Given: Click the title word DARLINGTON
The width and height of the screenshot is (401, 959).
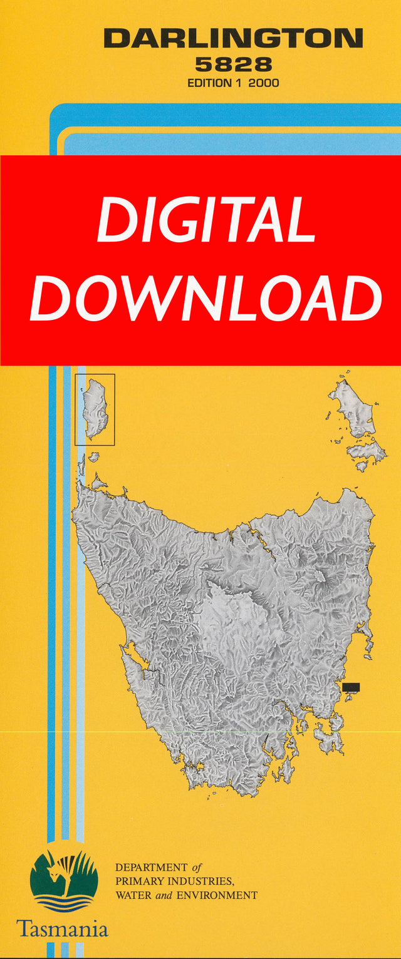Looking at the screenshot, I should point(233,39).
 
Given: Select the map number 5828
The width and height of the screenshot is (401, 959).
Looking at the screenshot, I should point(233,64).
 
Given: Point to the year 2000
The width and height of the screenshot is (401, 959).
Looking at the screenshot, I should point(264,83).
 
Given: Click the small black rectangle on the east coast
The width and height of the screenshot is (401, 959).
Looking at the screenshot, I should point(351,687).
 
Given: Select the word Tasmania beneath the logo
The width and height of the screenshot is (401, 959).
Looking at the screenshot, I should point(62,928).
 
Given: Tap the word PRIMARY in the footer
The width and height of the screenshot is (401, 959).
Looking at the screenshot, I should point(135,881).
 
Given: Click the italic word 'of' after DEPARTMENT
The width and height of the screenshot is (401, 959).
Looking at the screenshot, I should point(196,868).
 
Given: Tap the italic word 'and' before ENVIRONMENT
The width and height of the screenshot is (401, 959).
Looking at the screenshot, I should point(164,895).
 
